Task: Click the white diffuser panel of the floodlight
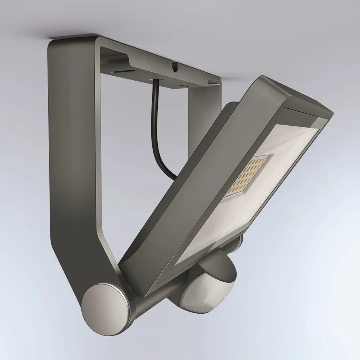click(252, 194)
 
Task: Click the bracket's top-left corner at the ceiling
click(54, 40)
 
